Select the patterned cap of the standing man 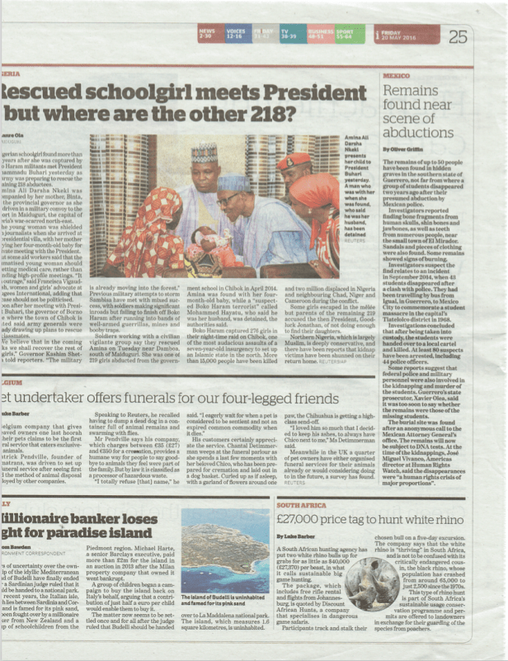click(203, 151)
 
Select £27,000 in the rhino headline click(305, 521)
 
